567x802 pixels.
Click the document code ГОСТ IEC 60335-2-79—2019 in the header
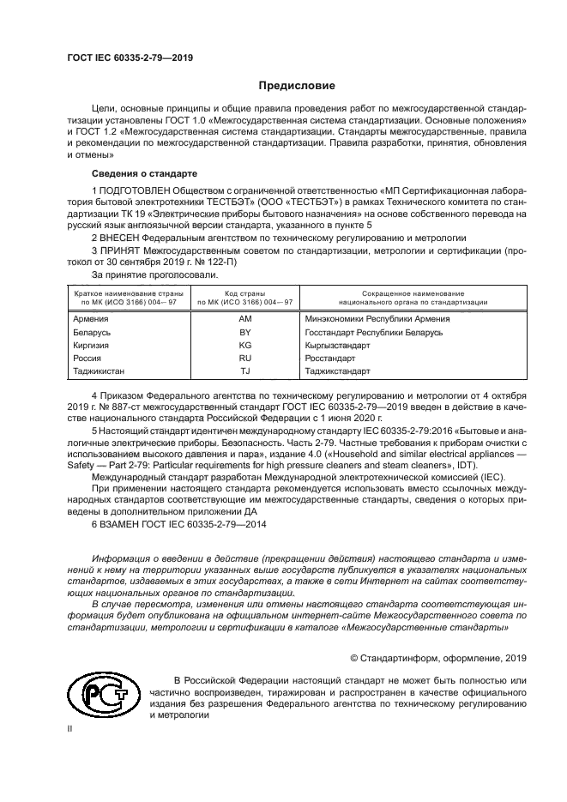point(130,58)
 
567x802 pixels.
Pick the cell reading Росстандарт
point(329,358)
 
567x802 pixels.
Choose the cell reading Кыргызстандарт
point(335,345)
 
